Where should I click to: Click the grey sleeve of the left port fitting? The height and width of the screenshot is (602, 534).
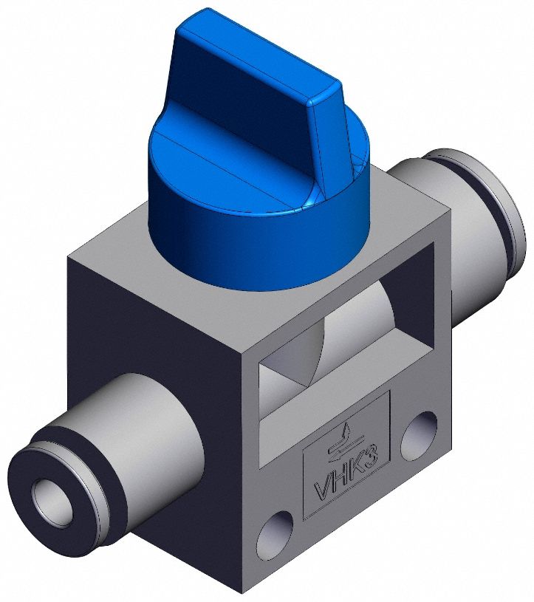pyautogui.click(x=148, y=428)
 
